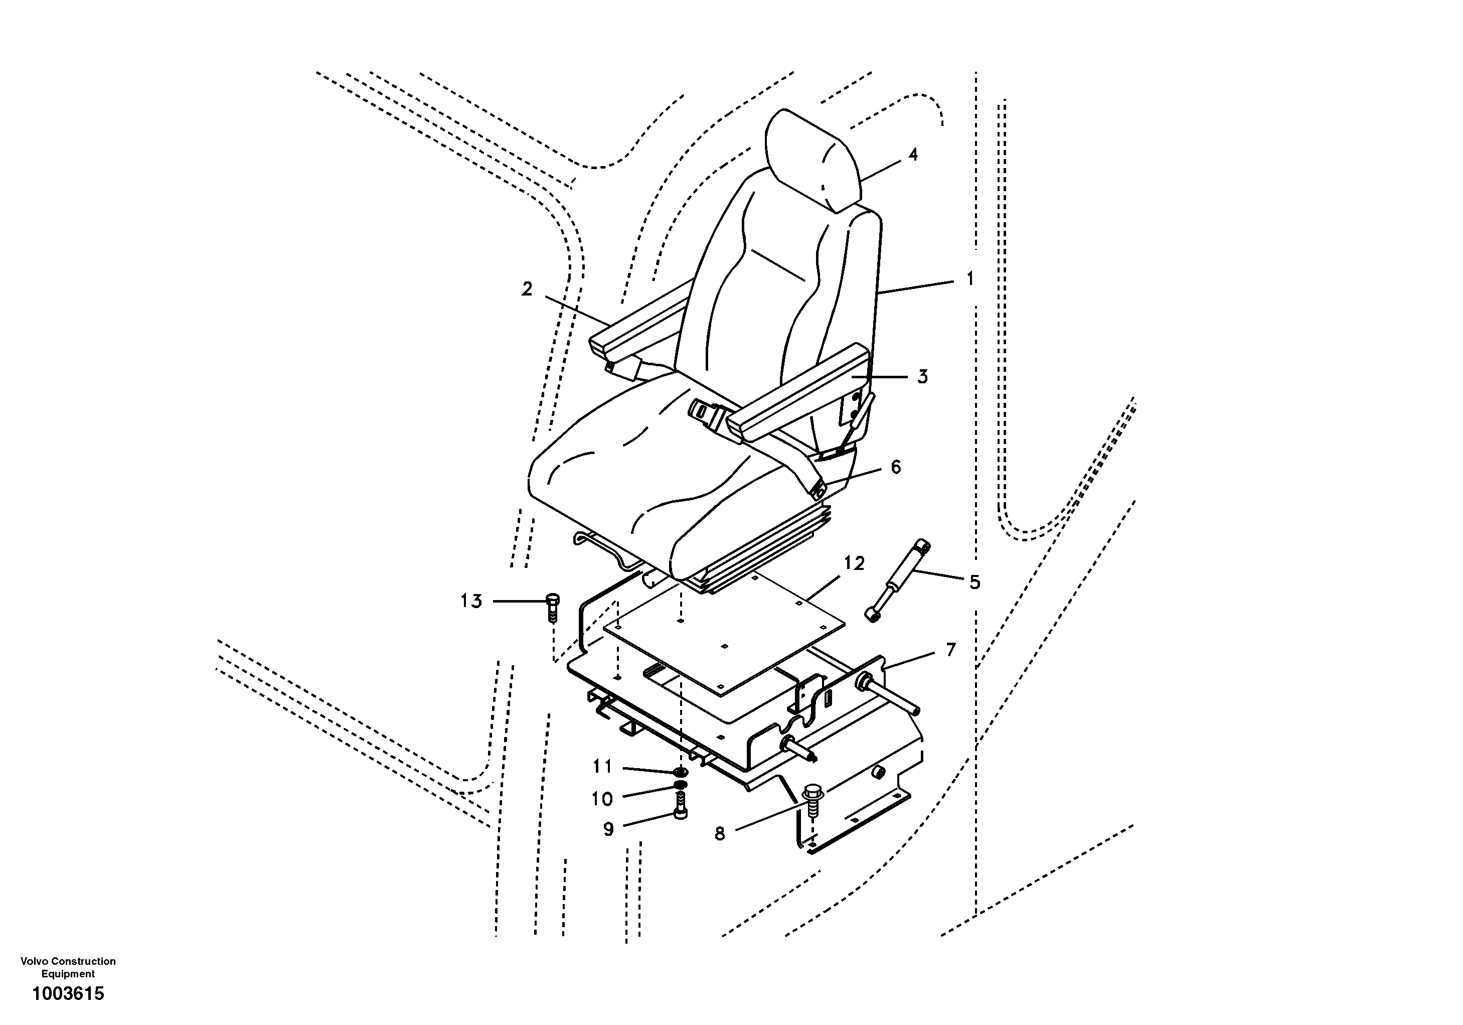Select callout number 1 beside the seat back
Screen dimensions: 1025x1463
(x=970, y=278)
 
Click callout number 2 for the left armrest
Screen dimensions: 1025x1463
(x=526, y=289)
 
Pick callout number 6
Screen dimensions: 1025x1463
(x=895, y=467)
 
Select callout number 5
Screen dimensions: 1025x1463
(x=974, y=582)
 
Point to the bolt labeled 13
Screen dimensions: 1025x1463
(x=552, y=608)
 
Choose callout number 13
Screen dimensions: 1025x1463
(x=471, y=601)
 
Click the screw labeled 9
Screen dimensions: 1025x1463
(x=680, y=806)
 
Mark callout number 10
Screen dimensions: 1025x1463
(x=602, y=799)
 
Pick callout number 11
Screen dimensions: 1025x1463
(x=602, y=766)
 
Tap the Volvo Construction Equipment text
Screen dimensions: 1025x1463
(x=68, y=967)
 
